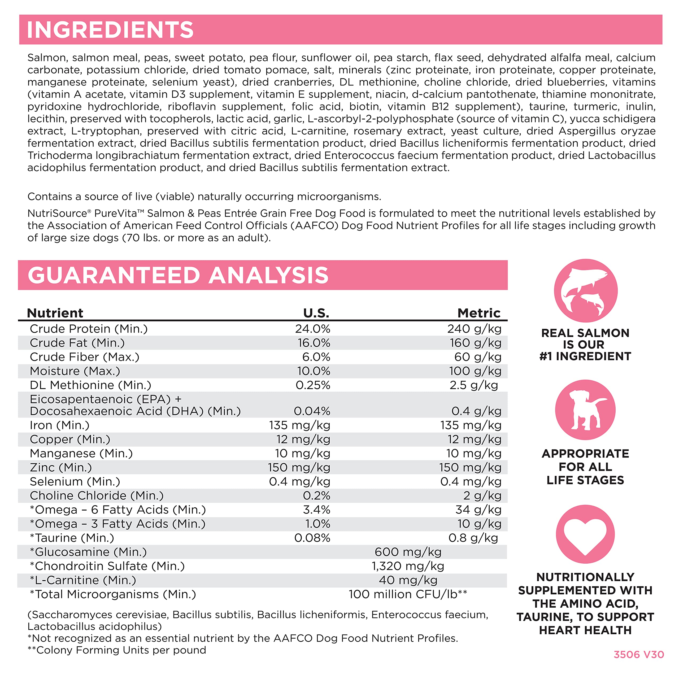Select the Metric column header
coord(479,313)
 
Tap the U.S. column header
coord(316,313)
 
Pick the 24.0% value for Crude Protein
coord(312,329)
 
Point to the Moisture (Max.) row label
coord(75,371)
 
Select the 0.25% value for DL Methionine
coord(313,385)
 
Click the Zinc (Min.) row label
coord(61,467)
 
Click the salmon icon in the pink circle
coord(586,291)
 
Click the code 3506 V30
coord(639,654)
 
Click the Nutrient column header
coord(55,313)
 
